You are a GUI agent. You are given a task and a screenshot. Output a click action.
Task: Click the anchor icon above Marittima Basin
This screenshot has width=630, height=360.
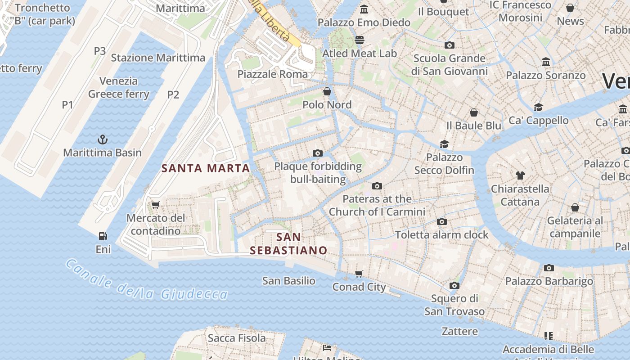(103, 139)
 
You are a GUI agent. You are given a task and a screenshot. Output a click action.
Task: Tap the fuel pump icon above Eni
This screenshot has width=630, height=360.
(103, 236)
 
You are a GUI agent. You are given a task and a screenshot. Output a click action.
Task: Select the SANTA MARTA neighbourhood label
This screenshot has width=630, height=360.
(205, 168)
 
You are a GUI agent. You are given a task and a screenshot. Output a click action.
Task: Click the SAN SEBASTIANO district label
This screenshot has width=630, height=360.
(288, 244)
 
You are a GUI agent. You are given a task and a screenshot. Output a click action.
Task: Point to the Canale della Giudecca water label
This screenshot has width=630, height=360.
(147, 279)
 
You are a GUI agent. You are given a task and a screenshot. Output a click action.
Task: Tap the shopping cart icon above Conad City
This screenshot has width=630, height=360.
(359, 274)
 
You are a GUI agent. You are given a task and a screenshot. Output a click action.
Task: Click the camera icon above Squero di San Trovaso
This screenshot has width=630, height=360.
(454, 285)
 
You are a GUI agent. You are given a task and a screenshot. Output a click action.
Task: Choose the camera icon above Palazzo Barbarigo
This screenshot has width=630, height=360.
(549, 268)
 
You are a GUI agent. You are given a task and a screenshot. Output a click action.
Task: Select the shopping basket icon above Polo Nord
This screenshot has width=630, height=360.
(327, 91)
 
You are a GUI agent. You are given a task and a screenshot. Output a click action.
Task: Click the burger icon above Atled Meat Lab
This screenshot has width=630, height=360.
(359, 40)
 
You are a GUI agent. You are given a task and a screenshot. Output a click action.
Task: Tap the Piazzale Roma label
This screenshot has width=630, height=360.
(273, 74)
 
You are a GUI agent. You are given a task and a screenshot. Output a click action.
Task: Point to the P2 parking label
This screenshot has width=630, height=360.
(173, 94)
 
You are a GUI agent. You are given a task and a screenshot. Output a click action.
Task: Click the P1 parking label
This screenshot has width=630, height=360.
(67, 105)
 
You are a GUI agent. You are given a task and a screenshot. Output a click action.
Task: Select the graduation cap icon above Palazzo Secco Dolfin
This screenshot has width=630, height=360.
(445, 144)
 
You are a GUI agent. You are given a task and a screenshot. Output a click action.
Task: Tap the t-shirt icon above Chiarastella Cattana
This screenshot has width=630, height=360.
(520, 175)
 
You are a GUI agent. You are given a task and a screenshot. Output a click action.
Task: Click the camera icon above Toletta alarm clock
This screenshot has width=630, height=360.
(442, 221)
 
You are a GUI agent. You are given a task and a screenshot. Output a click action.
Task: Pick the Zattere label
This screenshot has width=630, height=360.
(459, 332)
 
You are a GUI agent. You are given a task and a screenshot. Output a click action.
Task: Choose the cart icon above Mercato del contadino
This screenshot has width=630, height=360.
(156, 205)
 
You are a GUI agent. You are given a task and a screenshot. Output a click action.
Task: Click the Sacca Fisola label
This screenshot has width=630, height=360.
(237, 338)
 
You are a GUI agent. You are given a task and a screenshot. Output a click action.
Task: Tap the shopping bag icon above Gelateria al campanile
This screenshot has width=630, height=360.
(575, 207)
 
